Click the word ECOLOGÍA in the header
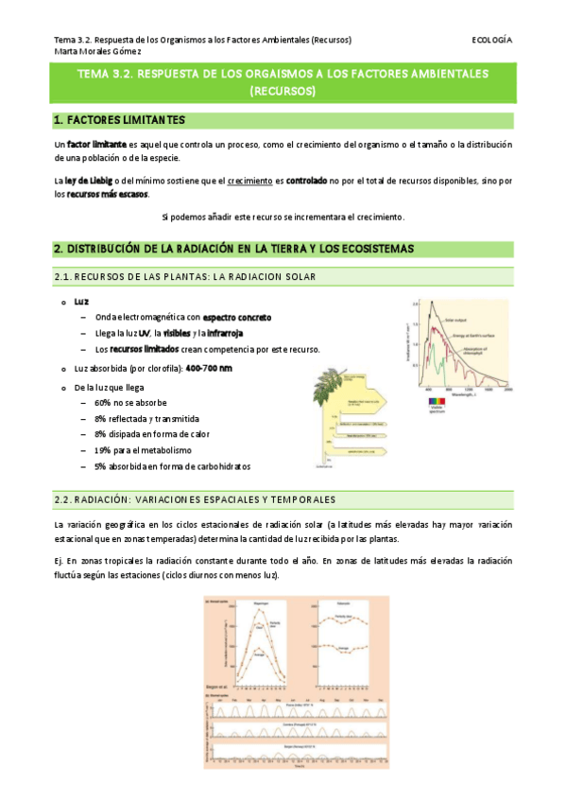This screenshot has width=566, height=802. [490, 40]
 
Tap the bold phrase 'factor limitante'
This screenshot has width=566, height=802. [91, 145]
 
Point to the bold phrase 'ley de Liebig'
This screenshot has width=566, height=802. [93, 179]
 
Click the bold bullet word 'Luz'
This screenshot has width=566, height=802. [81, 301]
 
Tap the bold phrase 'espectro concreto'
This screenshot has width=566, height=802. [237, 317]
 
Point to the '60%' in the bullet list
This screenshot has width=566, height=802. [101, 402]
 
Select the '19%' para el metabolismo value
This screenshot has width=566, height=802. [101, 450]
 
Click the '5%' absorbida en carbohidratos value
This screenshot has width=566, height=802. [99, 466]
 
